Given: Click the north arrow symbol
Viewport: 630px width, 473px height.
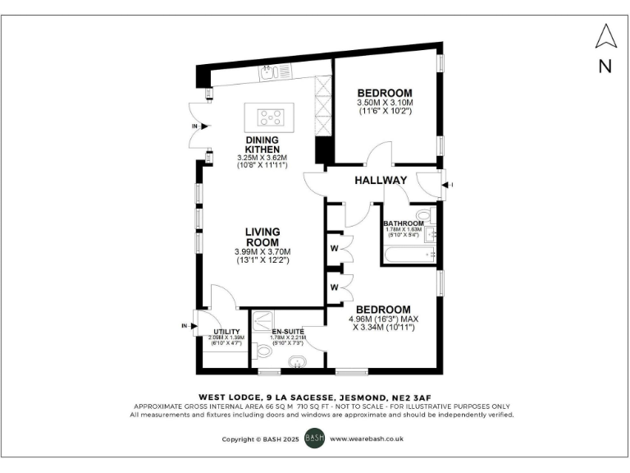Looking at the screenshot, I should tap(605, 37).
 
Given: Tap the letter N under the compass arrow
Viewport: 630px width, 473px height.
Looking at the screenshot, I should tap(605, 67).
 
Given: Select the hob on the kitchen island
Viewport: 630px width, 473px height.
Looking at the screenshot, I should tap(271, 116).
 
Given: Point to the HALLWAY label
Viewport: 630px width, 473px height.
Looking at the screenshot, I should tap(381, 180).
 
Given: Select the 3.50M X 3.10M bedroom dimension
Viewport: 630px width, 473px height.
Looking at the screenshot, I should tap(384, 103).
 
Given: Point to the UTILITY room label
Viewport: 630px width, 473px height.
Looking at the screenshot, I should tap(226, 331).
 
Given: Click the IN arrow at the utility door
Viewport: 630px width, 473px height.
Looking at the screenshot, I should tap(185, 326).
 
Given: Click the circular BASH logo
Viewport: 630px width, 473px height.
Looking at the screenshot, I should tap(315, 439).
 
